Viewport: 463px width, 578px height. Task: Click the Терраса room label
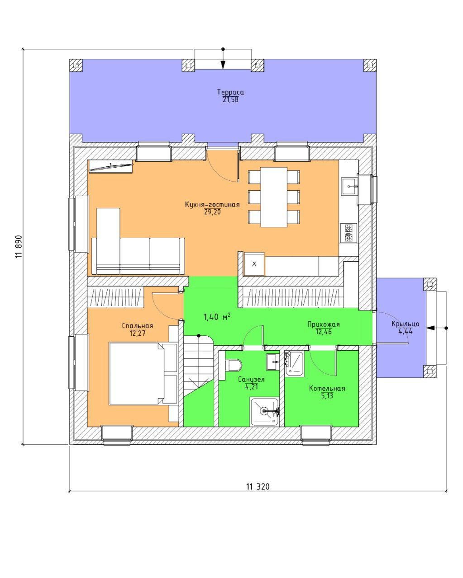point(230,92)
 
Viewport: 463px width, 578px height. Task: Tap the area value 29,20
point(212,212)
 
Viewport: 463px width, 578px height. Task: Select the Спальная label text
point(137,326)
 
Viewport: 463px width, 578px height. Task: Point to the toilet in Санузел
point(235,365)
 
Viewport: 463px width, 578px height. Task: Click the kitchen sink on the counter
point(349,186)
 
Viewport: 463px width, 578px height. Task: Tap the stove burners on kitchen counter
point(348,233)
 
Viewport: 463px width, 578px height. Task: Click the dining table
point(274,197)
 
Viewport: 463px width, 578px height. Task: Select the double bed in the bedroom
point(143,373)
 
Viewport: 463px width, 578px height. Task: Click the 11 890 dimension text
point(19,247)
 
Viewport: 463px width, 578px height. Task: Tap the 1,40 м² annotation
point(217,317)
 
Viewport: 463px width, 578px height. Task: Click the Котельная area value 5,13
point(327,395)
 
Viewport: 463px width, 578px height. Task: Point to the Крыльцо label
point(405,324)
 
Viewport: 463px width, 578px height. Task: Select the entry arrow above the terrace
point(223,59)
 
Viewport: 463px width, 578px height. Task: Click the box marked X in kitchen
point(254,264)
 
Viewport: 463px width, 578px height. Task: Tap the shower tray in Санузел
point(264,412)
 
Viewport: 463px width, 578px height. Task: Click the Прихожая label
point(323,324)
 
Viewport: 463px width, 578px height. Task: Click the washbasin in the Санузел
point(273,362)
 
